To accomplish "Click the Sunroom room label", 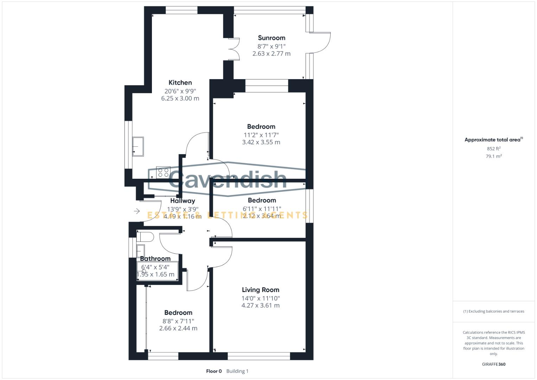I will [x=271, y=38].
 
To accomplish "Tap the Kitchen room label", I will [x=180, y=83].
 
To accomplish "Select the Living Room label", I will [x=260, y=290].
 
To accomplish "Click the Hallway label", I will [x=183, y=201].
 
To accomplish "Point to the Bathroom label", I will [x=155, y=259].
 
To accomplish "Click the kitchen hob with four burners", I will [x=163, y=172].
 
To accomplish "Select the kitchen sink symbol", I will [x=138, y=146].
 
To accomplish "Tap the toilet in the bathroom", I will [x=145, y=236].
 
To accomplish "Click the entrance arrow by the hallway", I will [x=137, y=211].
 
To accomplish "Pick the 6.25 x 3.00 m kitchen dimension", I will [x=180, y=99].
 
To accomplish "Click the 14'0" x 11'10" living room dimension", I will [x=260, y=298].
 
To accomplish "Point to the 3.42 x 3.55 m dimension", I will [x=261, y=142].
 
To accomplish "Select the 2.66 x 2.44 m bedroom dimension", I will [x=178, y=328].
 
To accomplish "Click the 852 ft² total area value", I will [x=493, y=149].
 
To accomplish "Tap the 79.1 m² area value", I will [x=493, y=156].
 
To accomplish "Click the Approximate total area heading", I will [x=493, y=140].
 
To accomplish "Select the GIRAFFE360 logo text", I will [x=493, y=364].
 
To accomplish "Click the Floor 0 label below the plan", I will [x=214, y=371].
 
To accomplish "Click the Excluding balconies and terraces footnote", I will [x=493, y=311].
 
